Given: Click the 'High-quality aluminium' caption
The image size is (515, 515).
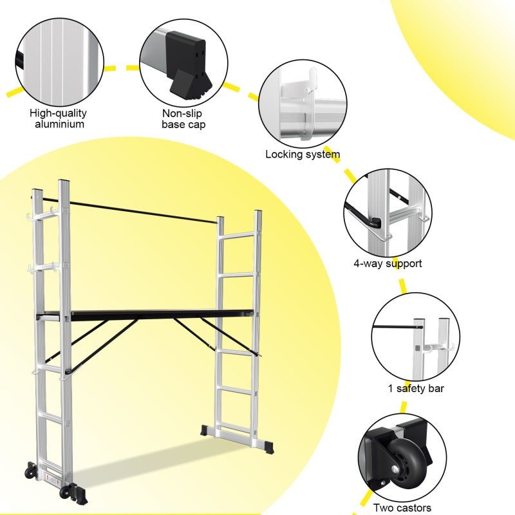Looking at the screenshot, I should point(59,118).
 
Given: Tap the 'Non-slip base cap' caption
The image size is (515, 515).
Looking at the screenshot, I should point(183,118).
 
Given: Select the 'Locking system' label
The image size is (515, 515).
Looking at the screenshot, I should point(303,154).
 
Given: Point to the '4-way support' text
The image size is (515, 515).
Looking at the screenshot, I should point(388,263).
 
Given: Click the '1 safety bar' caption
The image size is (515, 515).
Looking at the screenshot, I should point(416,388).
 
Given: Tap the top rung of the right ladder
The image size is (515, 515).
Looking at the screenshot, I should point(238,236).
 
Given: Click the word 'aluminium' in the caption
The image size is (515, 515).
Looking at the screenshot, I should point(59,124).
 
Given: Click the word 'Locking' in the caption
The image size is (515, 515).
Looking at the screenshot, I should point(284,154).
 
